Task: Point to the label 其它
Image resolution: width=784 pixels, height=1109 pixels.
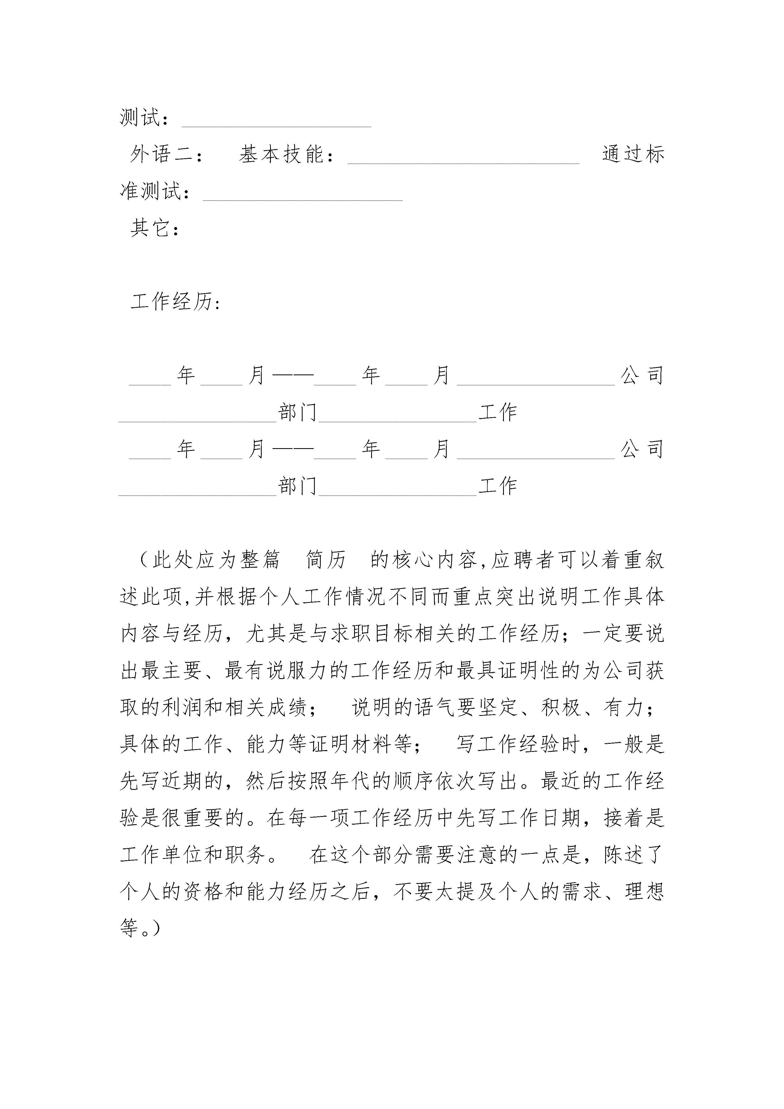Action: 150,228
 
